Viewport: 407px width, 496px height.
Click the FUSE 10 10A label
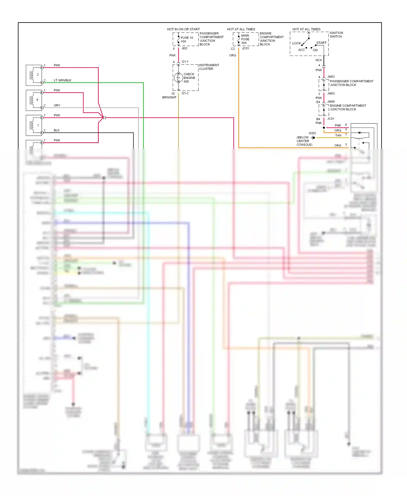[187, 40]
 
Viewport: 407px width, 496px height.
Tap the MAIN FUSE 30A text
[245, 39]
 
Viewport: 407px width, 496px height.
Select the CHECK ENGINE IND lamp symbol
[179, 78]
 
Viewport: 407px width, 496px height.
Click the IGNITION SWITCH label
[336, 35]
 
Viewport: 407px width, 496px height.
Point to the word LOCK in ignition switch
[296, 43]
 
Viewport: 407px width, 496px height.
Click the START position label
[321, 43]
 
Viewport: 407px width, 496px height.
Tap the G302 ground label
[312, 133]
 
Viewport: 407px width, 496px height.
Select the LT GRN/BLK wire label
[62, 80]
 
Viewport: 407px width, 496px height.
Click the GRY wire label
[57, 105]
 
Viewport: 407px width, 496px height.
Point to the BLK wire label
[56, 130]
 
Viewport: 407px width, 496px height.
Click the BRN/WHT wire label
[169, 97]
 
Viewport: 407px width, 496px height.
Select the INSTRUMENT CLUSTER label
[209, 67]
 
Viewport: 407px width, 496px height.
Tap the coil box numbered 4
[34, 100]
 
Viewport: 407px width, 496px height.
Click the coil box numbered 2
[34, 75]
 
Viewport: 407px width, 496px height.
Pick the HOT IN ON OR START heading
[183, 29]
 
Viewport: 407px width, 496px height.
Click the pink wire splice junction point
[104, 117]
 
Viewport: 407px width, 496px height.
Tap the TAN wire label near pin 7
[338, 135]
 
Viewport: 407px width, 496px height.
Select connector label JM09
[331, 102]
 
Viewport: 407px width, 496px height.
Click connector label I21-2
[185, 93]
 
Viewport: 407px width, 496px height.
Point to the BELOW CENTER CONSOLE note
[304, 141]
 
